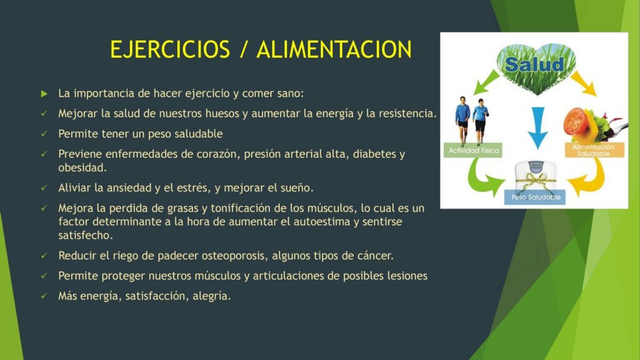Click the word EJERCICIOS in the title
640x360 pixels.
[x=170, y=49]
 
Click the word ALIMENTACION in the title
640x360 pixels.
[x=334, y=49]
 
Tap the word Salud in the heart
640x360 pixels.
[x=534, y=64]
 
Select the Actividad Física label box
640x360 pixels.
[x=473, y=150]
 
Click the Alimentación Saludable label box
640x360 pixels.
[x=594, y=150]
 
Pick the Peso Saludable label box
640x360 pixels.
[x=535, y=197]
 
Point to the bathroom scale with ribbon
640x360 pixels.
[x=535, y=176]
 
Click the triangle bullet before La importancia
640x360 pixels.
[x=44, y=94]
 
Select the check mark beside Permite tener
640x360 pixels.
[x=44, y=134]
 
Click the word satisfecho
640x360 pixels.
[x=85, y=236]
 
